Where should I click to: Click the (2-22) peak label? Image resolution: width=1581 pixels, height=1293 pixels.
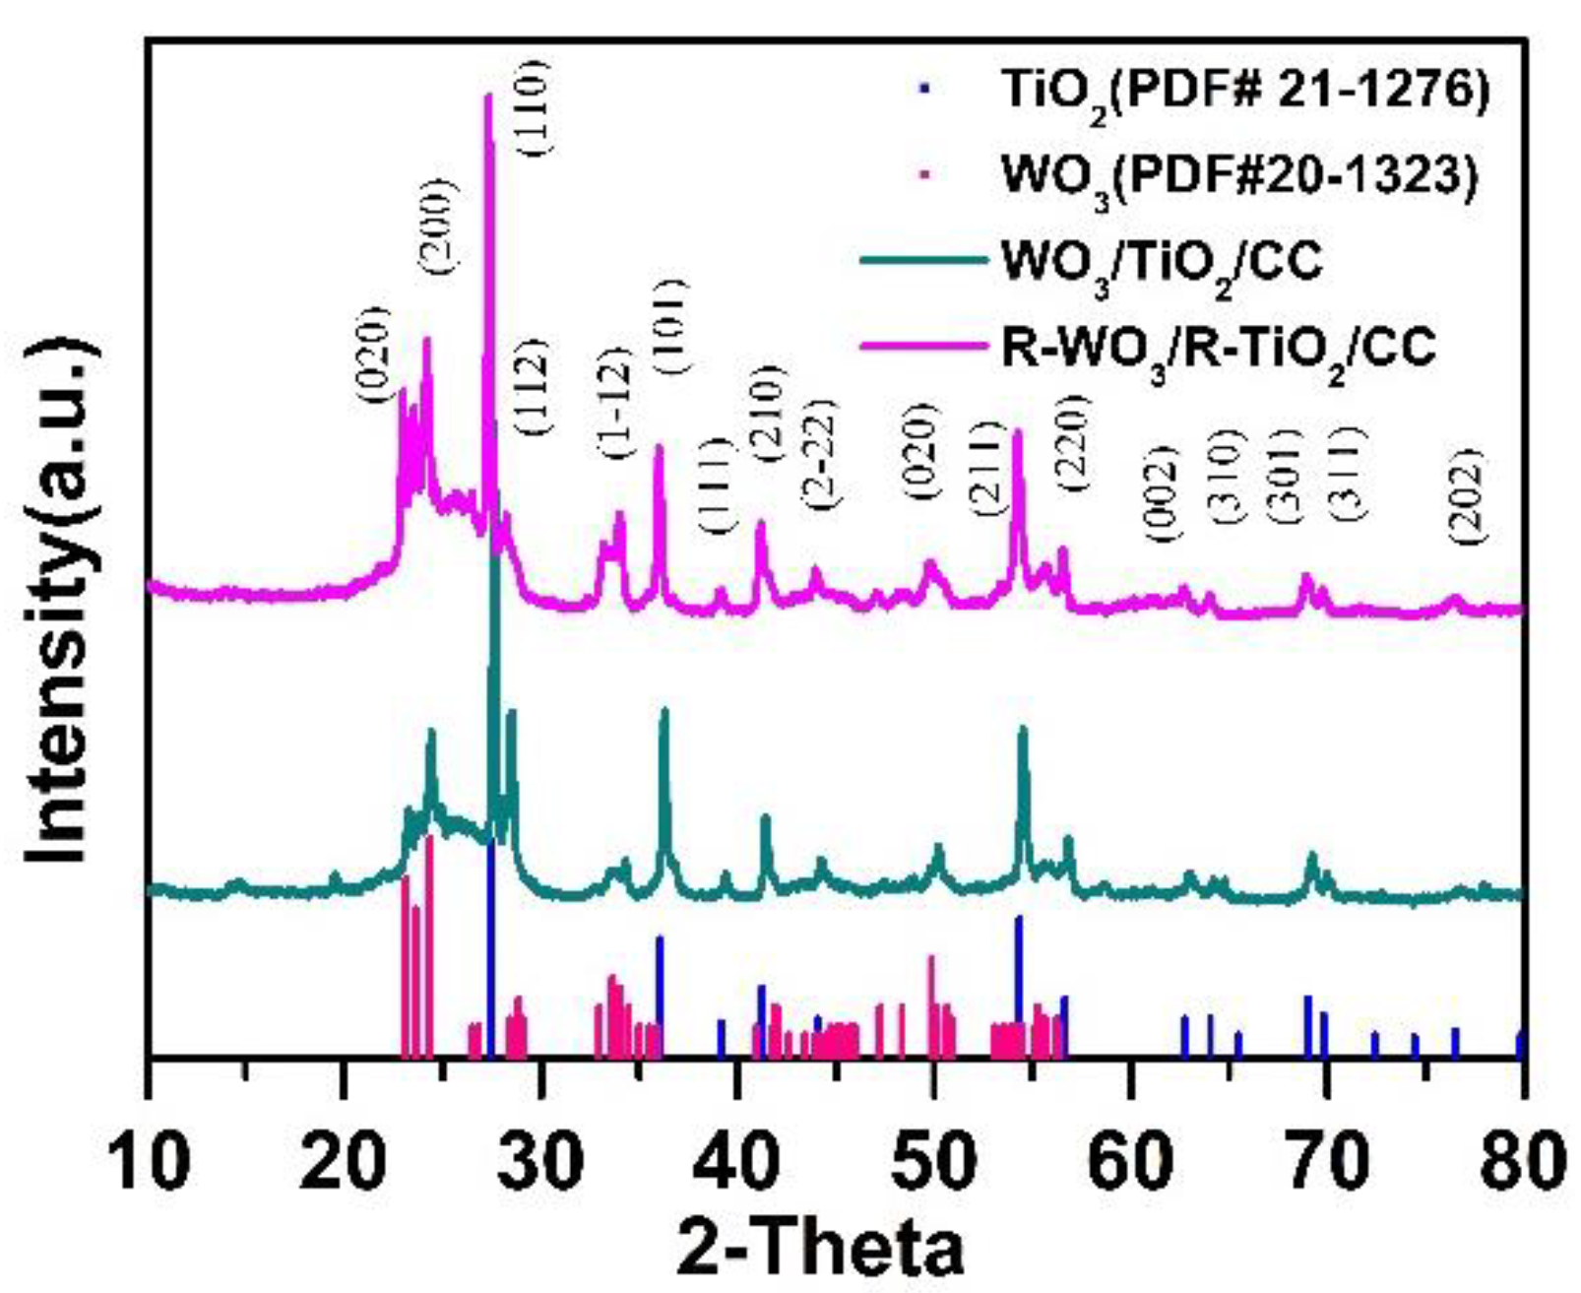[820, 453]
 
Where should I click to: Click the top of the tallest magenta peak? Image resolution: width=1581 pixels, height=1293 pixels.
[487, 96]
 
